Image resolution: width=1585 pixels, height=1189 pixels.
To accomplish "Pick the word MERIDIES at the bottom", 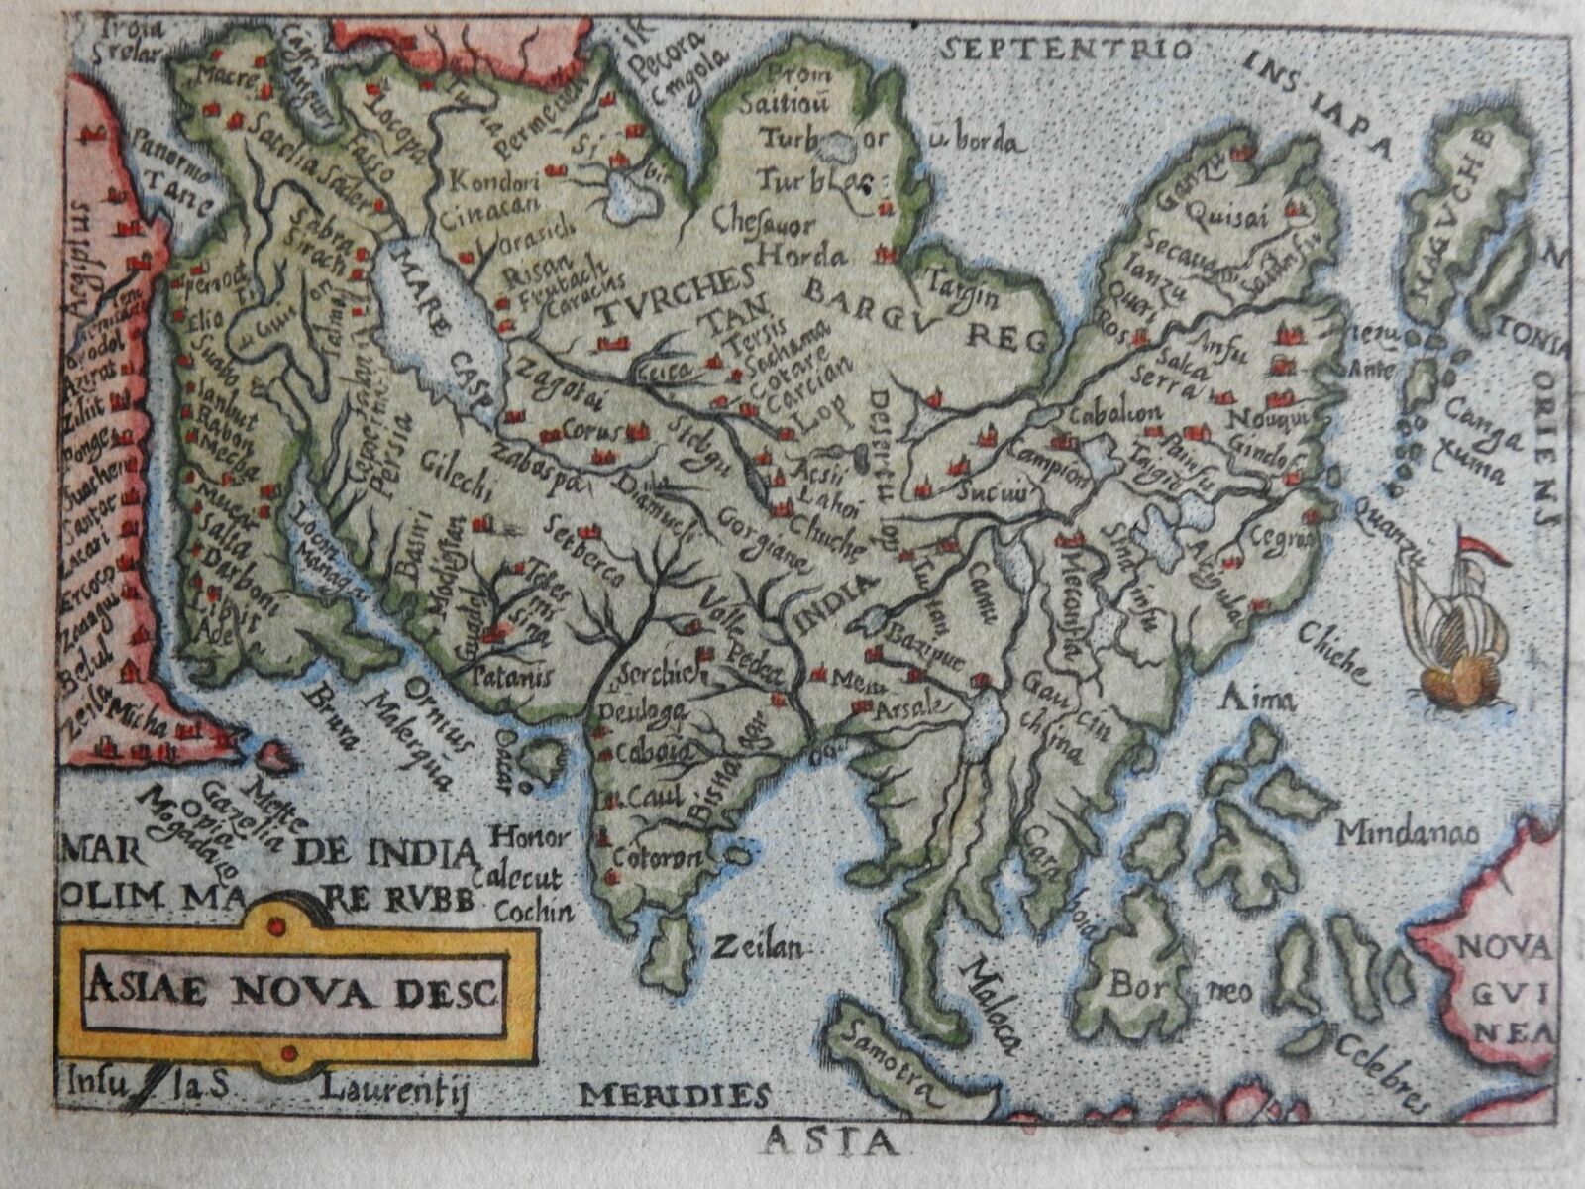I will (x=675, y=1094).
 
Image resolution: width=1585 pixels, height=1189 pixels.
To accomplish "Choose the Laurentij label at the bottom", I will (x=392, y=1091).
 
